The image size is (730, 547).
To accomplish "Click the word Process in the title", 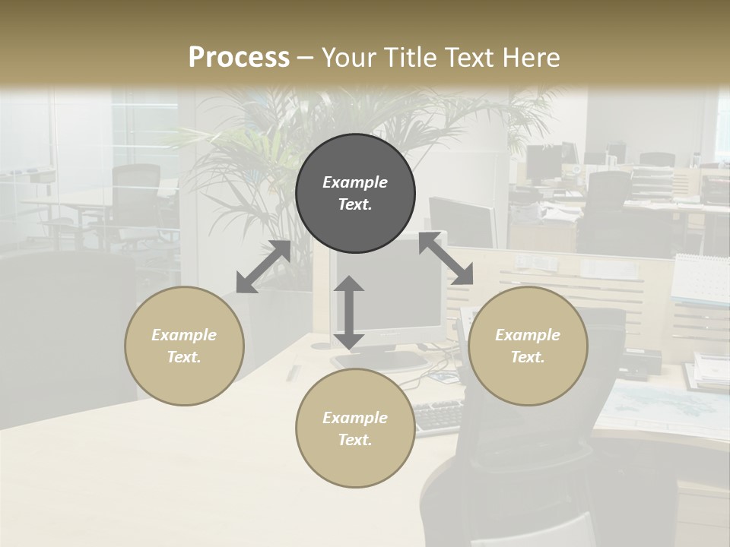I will (239, 58).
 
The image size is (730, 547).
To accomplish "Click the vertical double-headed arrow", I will (348, 312).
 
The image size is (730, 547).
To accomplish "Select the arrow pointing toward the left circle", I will (263, 267).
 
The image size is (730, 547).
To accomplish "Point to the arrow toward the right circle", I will (446, 258).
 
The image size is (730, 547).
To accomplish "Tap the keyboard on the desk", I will (439, 416).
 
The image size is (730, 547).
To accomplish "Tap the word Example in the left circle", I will (184, 335).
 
